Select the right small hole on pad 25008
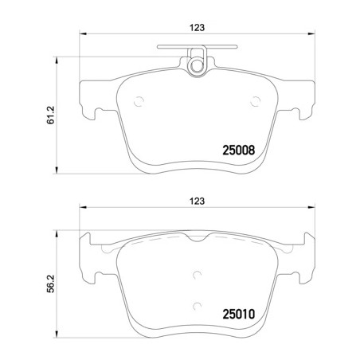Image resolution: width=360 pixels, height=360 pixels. [x=256, y=100]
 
